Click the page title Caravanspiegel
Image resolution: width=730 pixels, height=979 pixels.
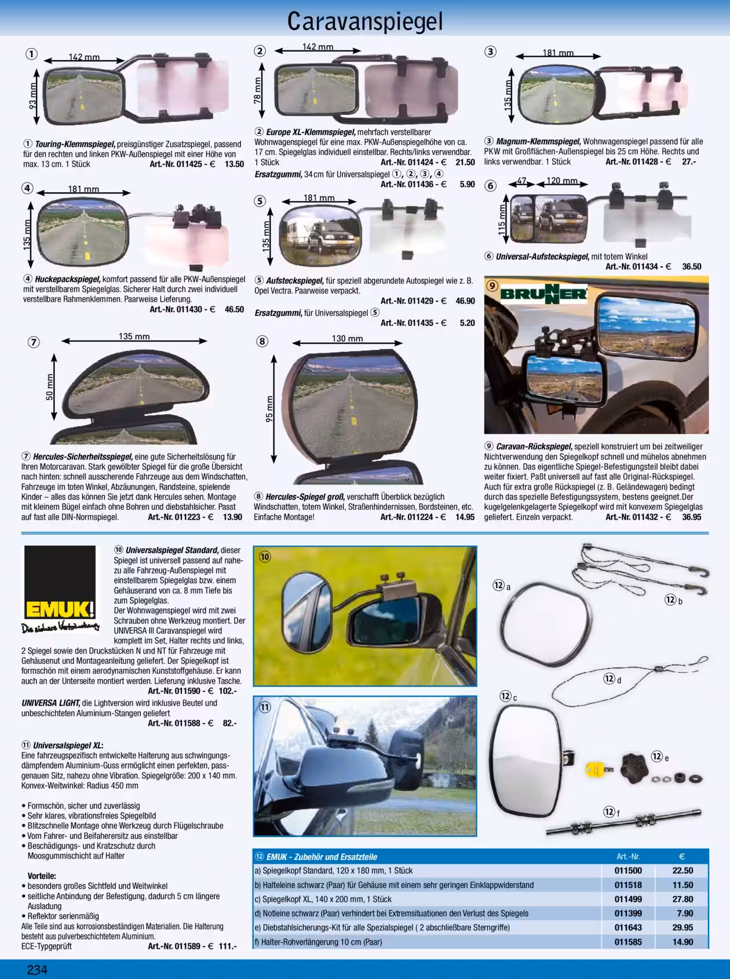(x=365, y=21)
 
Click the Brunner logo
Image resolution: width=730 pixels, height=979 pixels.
(x=543, y=294)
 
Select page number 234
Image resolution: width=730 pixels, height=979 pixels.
(x=37, y=970)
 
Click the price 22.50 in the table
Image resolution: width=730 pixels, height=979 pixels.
(x=682, y=871)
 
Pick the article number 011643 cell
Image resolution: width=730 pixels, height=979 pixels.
(x=628, y=927)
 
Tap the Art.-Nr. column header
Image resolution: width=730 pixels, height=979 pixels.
(x=628, y=856)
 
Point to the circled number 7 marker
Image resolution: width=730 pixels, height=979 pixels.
(x=34, y=342)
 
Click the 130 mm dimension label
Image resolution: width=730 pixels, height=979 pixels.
(x=347, y=339)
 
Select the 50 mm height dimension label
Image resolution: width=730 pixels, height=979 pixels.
(x=50, y=386)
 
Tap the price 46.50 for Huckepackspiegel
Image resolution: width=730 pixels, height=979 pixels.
(x=234, y=309)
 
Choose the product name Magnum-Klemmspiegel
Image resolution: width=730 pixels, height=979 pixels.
(x=539, y=141)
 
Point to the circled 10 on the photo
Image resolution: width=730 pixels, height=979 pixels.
(x=265, y=557)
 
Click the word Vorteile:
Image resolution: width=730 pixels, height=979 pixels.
(x=42, y=876)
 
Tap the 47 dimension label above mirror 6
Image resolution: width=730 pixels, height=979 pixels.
(x=521, y=181)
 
